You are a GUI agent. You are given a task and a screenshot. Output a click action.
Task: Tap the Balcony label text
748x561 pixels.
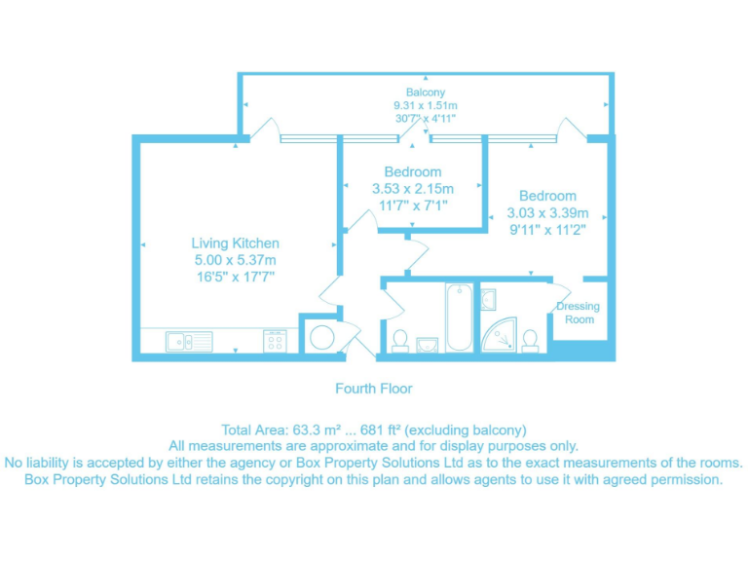pos(426,93)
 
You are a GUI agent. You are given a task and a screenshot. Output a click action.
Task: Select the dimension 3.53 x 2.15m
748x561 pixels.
pos(413,189)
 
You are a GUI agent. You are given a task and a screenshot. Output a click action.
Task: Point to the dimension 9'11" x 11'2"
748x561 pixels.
pos(546,231)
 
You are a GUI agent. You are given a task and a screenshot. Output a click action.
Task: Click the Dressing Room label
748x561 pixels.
pos(578,313)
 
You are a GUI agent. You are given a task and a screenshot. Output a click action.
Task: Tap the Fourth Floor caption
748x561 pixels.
pos(373,389)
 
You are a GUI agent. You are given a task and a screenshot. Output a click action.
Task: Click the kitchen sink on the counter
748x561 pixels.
pos(188,341)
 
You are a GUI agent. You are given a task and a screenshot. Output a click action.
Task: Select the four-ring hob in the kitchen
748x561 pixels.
pos(275,341)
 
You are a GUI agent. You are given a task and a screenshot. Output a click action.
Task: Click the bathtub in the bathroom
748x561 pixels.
pos(458,318)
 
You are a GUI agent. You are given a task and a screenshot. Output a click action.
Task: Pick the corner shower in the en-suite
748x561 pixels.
pos(501,335)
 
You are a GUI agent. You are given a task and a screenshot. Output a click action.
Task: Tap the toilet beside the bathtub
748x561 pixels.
pos(399,340)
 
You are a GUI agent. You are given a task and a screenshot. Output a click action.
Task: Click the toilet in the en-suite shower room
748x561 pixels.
pos(531,340)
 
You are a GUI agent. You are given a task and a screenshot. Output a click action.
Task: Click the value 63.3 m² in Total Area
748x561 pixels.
pos(307,430)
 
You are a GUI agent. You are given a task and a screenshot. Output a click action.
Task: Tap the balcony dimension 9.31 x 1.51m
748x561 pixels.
pos(426,105)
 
